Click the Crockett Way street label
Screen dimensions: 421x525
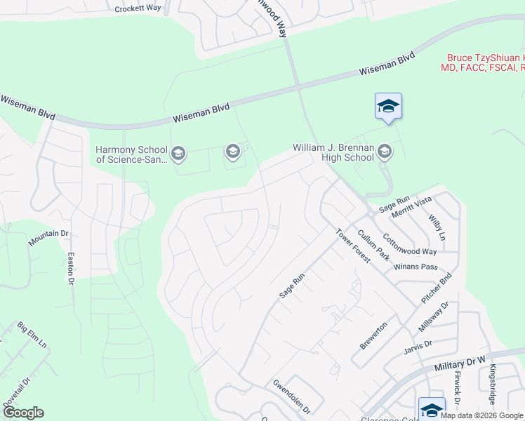click(x=138, y=8)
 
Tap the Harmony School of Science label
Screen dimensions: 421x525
click(x=132, y=154)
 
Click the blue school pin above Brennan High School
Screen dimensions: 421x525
click(x=388, y=107)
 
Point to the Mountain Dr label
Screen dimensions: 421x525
click(x=48, y=238)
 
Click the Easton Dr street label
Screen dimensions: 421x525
click(x=70, y=269)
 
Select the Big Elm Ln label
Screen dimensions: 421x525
click(x=32, y=336)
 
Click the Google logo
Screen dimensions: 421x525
click(x=23, y=413)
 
